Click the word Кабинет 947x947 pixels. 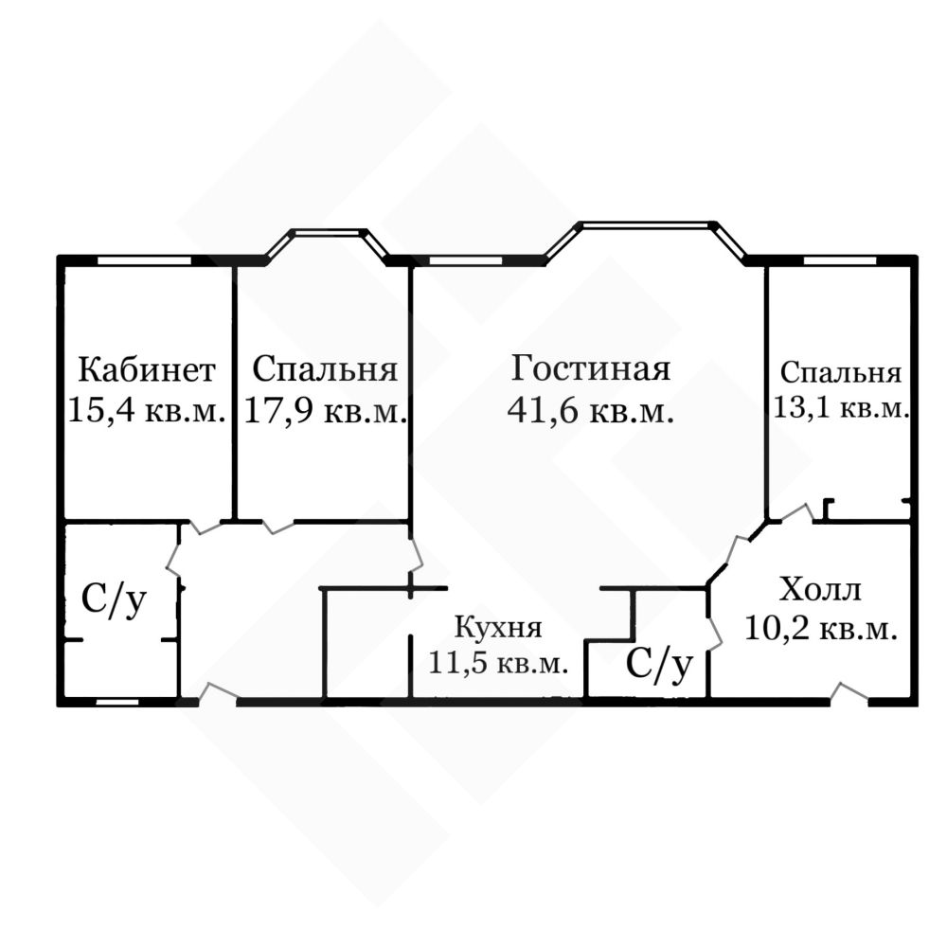tap(147, 369)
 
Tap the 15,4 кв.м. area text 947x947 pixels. tap(147, 411)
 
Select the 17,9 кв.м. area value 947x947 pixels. tap(326, 411)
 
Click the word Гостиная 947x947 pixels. tap(591, 367)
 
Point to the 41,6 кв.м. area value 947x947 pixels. tap(591, 411)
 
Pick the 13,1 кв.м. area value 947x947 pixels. tap(841, 407)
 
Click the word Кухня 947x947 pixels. tap(498, 628)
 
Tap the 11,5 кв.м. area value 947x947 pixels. tap(498, 663)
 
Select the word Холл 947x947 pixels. tap(820, 589)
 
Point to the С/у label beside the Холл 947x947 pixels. tap(659, 665)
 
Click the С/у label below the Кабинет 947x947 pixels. tap(115, 600)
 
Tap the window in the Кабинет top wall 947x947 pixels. tap(144, 261)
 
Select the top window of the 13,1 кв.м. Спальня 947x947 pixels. tap(840, 261)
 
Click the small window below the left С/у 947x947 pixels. tap(117, 702)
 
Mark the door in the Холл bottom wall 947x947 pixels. tap(849, 693)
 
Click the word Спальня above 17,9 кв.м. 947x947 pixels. tap(326, 369)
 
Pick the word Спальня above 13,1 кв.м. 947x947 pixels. tap(841, 372)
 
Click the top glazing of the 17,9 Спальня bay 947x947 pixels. tap(330, 232)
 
